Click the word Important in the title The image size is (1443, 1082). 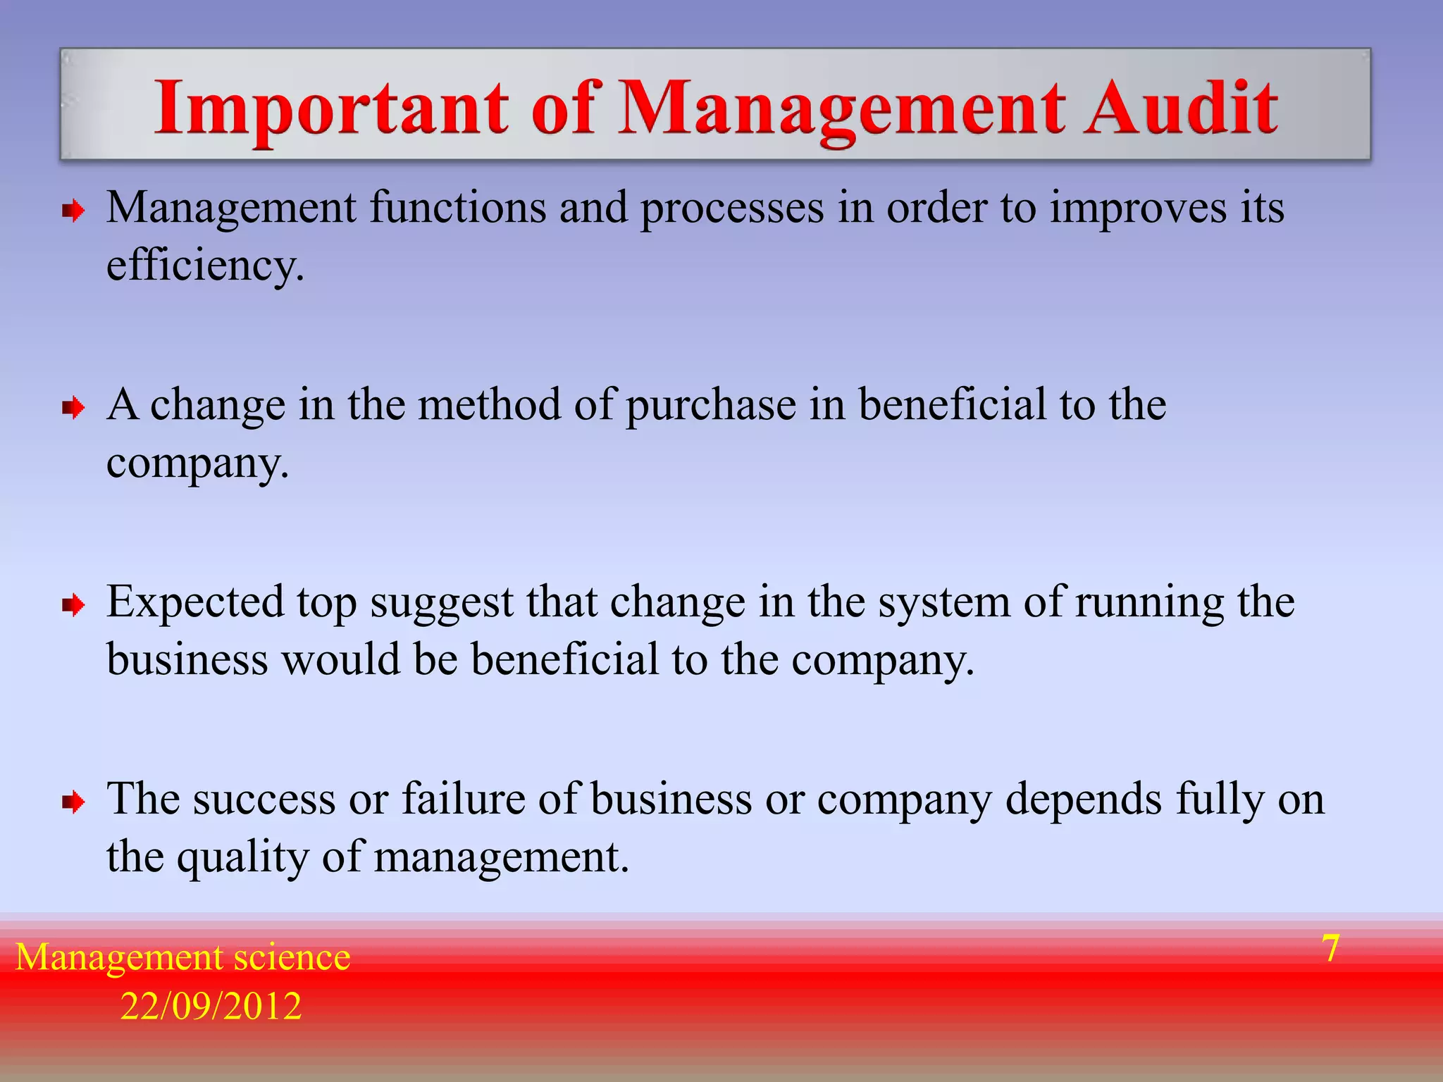point(331,108)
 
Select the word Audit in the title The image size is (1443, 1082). point(1179,108)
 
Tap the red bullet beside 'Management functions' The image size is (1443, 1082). point(73,210)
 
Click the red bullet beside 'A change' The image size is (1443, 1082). point(73,407)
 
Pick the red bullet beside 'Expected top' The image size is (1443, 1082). point(73,604)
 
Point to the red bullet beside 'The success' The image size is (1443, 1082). point(73,802)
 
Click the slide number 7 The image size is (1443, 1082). point(1330,948)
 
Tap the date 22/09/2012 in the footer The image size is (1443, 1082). point(211,1006)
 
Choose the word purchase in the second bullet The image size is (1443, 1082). point(711,407)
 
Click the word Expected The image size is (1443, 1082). point(195,603)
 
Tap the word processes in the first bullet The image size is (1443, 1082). point(732,210)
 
